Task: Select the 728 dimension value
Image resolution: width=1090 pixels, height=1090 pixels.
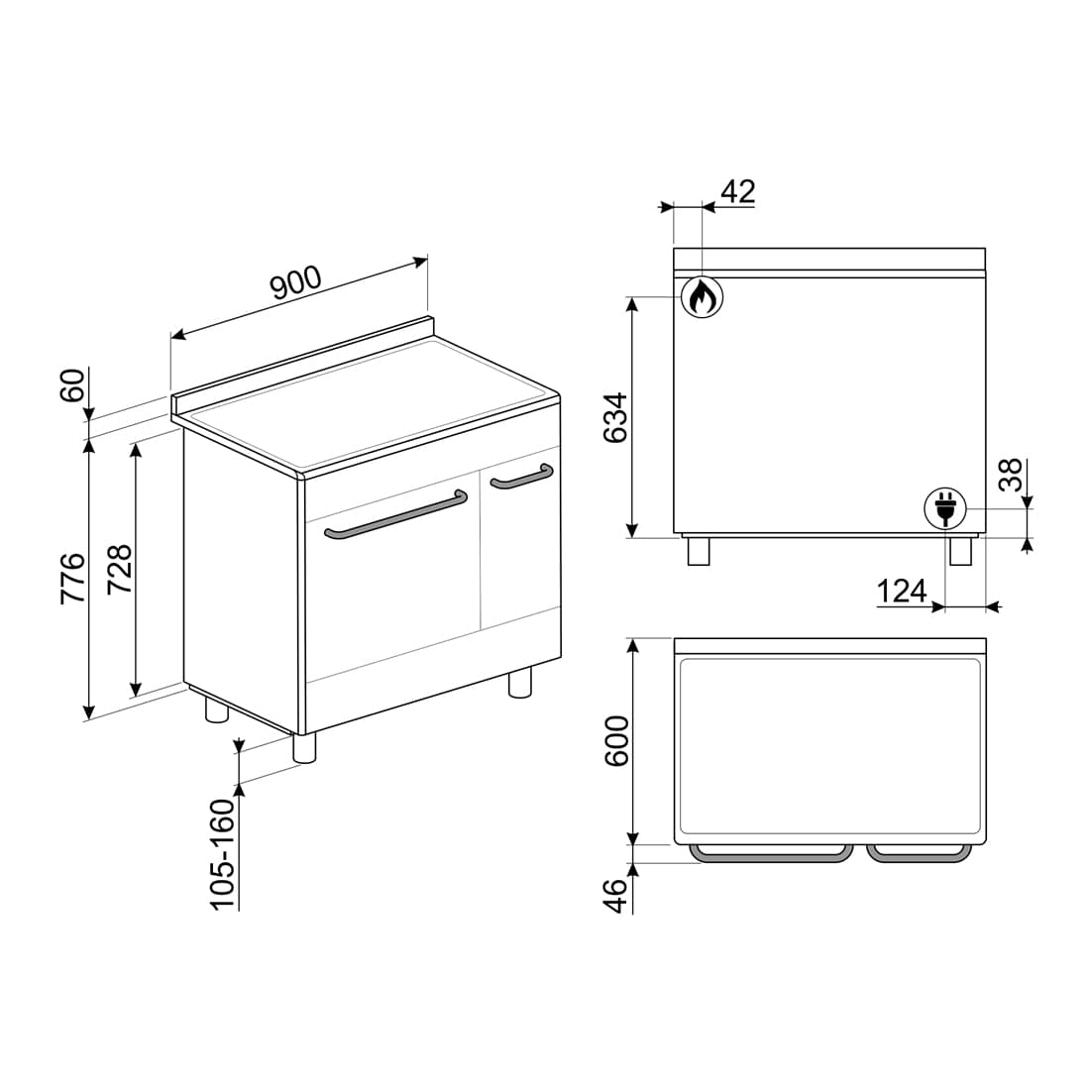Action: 119,569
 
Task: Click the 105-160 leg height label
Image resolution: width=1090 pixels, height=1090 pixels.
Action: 223,854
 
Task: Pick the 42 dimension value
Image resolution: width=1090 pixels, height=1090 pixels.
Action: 737,191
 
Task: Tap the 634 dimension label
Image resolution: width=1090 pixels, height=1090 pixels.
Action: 615,418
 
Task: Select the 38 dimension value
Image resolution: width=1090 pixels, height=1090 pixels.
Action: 1011,475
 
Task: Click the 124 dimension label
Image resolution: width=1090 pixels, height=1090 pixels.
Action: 902,592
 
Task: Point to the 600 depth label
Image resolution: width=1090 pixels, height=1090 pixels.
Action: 616,741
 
